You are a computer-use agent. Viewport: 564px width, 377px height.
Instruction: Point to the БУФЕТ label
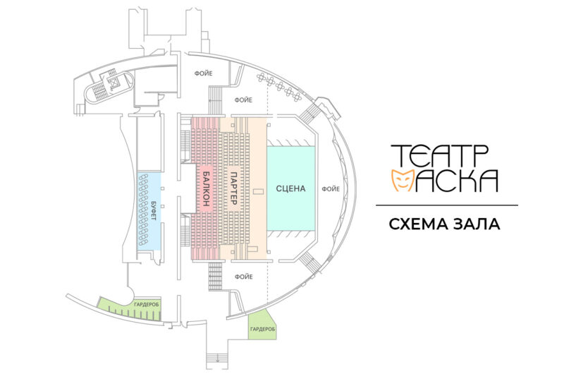tap(154, 212)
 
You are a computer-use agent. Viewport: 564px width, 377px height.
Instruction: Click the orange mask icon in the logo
tap(402, 181)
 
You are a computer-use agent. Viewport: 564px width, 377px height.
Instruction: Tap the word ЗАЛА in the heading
tap(478, 225)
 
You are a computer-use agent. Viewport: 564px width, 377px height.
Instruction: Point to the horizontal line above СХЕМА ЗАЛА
tap(446, 205)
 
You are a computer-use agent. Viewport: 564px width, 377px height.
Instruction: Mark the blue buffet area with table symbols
tap(149, 211)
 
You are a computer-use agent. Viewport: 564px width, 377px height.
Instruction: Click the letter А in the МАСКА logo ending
tap(486, 181)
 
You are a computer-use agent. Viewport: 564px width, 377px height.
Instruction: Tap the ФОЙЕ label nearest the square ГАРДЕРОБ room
tap(244, 276)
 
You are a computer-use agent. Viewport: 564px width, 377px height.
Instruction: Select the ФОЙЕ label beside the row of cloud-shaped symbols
tap(244, 100)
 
